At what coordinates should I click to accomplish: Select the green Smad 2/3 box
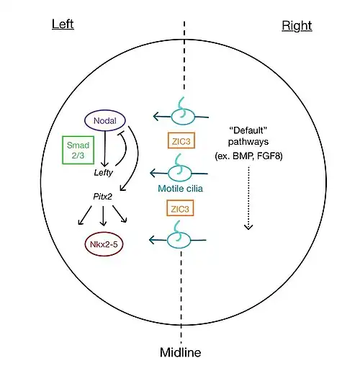click(x=78, y=150)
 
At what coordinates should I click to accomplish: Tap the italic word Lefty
click(x=103, y=173)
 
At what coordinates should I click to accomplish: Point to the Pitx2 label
click(x=102, y=197)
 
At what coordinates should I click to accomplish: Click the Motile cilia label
click(x=180, y=189)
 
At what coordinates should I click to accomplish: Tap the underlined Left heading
click(x=63, y=24)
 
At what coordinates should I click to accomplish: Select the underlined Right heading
click(x=297, y=25)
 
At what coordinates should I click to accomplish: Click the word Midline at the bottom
click(x=181, y=352)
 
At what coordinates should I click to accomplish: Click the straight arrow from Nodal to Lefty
click(x=104, y=149)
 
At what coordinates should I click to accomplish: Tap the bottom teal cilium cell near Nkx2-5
click(x=179, y=240)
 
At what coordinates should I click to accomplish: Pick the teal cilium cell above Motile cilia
click(x=179, y=173)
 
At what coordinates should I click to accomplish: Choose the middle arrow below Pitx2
click(x=103, y=215)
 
